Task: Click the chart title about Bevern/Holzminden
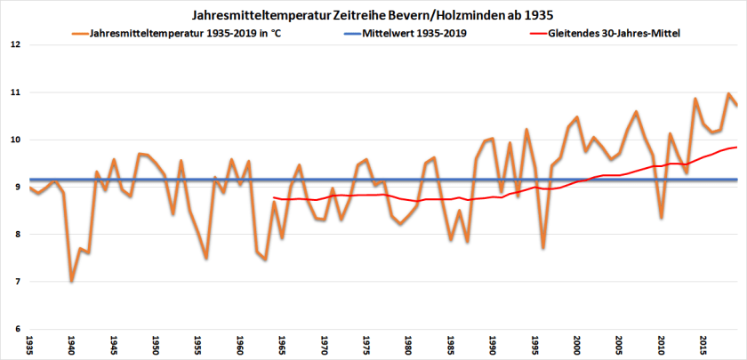tap(373, 16)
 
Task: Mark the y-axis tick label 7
tap(16, 282)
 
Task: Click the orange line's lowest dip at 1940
tap(71, 281)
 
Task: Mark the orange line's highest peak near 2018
tap(728, 93)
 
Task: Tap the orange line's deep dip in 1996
tap(542, 248)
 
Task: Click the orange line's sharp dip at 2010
tap(661, 218)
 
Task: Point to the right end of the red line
tap(737, 147)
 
